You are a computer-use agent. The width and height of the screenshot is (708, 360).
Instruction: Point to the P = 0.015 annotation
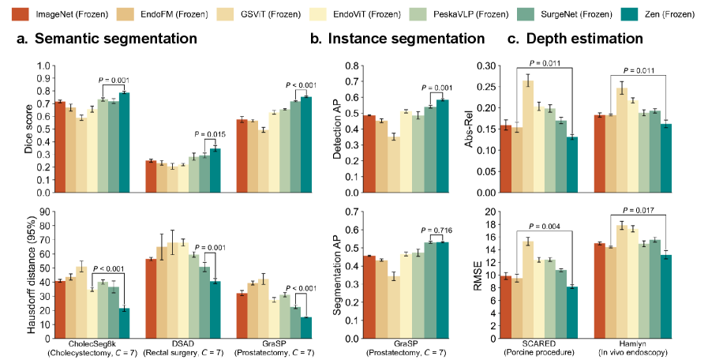point(210,133)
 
